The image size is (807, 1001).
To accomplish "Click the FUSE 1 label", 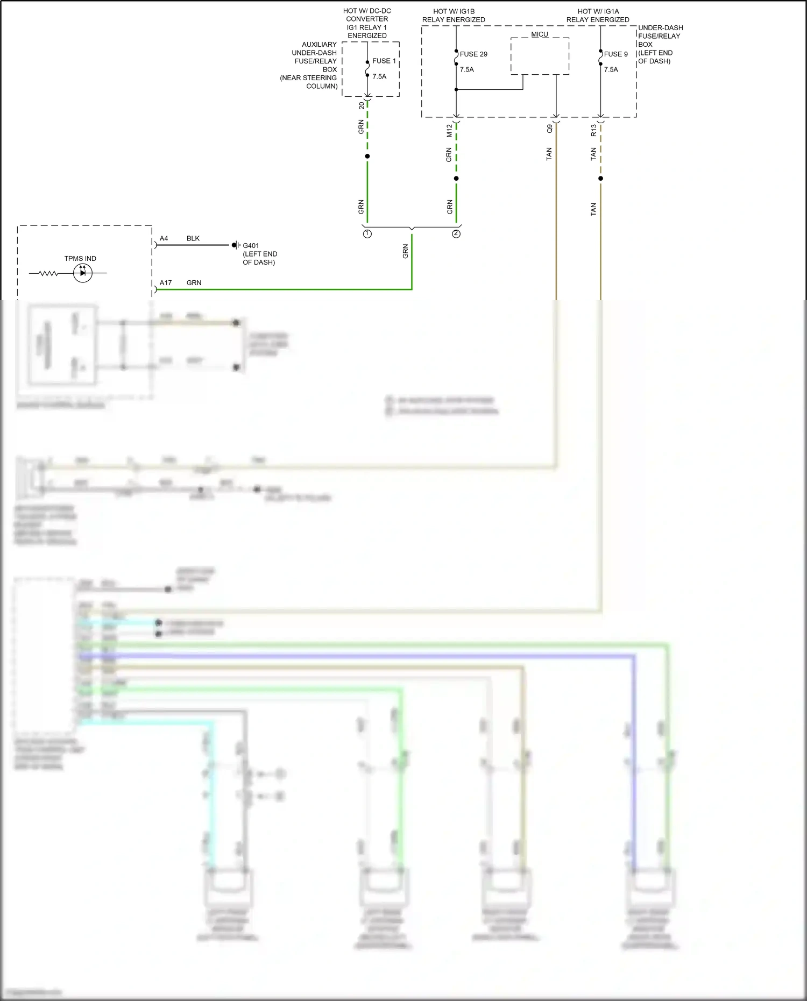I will click(x=384, y=61).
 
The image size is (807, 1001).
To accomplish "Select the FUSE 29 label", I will click(x=473, y=54).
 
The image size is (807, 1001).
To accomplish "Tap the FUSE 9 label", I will click(x=615, y=54).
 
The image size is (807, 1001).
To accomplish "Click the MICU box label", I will click(x=540, y=34).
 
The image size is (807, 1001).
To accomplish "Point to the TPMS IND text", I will click(x=80, y=259).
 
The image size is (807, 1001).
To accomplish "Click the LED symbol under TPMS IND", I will click(x=82, y=273).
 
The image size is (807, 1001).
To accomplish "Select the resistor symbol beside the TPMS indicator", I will click(x=48, y=273).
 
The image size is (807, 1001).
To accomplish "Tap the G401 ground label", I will click(x=251, y=246).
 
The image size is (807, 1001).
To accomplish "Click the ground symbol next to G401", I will click(x=235, y=245).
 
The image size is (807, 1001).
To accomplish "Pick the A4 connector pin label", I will click(x=164, y=238).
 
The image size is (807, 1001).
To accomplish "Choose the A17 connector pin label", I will click(x=166, y=283).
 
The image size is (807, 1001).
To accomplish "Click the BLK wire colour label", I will click(x=193, y=238).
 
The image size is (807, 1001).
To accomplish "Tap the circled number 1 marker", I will click(x=367, y=234).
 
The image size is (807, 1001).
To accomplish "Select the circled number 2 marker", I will click(x=456, y=234).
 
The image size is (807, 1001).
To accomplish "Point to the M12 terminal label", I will click(x=450, y=131).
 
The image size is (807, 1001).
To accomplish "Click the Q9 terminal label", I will click(x=549, y=129).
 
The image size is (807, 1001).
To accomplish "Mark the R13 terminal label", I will click(x=594, y=131).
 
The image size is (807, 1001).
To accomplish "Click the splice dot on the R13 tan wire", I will click(x=600, y=179).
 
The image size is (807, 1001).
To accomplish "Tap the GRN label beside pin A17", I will click(x=194, y=283).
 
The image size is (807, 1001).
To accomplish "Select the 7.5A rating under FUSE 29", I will click(x=467, y=69).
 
